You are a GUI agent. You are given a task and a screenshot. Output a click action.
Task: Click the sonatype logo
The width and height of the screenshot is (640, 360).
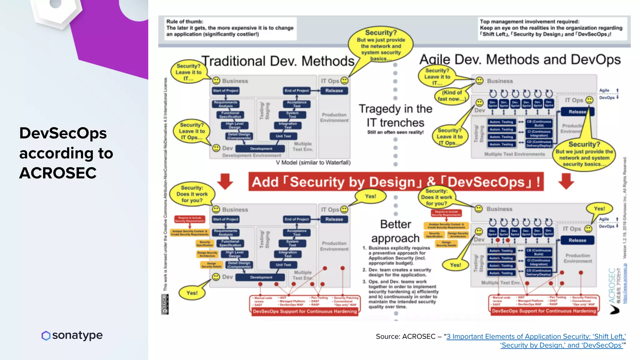(x=72, y=335)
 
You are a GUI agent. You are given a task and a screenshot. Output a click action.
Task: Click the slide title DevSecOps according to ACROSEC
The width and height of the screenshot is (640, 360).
(x=66, y=153)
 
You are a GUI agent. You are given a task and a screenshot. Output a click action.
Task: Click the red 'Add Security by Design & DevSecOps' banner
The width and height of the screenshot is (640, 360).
(x=396, y=182)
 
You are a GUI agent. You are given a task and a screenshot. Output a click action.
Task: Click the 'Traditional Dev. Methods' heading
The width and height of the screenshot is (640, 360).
(x=278, y=61)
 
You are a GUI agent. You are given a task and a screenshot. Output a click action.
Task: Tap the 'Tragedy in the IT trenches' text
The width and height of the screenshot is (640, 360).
(x=395, y=116)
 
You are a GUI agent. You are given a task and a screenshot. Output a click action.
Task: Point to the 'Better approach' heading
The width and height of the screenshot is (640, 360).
(x=395, y=231)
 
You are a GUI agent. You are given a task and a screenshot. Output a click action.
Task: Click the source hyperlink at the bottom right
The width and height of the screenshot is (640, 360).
(x=536, y=341)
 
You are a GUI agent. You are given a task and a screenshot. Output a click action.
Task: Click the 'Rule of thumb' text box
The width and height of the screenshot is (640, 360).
(x=230, y=28)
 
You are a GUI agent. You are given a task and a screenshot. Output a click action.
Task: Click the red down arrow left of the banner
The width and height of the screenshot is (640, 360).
(x=225, y=181)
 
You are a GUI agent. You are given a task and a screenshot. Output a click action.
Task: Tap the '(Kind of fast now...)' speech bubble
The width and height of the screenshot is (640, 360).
(x=452, y=96)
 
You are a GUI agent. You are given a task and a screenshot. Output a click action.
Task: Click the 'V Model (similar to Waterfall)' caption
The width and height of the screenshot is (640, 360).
(x=313, y=162)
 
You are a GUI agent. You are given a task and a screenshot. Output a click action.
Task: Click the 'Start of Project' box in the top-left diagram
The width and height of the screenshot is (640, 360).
(x=226, y=91)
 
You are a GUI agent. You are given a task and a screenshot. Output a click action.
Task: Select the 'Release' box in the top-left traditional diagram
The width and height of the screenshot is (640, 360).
(x=334, y=91)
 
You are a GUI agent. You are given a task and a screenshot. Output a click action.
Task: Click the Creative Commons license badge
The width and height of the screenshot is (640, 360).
(x=165, y=304)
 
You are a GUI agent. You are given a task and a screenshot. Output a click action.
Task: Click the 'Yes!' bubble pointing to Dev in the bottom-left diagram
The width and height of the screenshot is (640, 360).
(x=192, y=293)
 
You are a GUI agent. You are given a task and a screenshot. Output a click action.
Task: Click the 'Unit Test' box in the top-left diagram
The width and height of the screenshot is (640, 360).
(x=283, y=136)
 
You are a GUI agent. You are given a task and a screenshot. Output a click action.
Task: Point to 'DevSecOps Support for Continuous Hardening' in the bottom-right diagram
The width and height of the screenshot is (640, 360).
(x=543, y=311)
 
